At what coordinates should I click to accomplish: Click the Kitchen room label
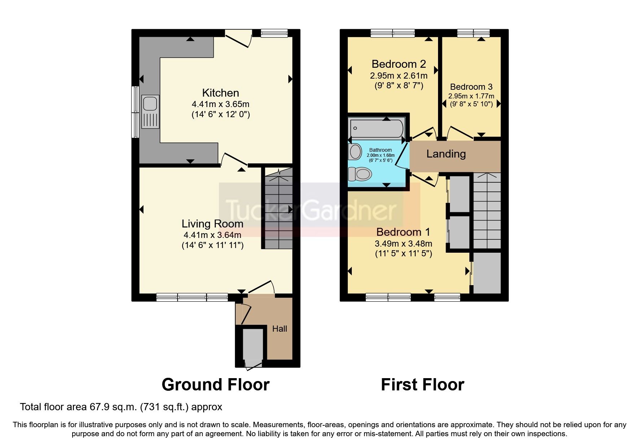[220, 93]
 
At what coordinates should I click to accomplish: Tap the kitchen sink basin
[150, 104]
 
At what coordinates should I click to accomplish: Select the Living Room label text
[212, 224]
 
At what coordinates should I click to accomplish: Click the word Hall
[280, 329]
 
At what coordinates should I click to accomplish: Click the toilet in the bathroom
[360, 174]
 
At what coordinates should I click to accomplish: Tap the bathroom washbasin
[355, 152]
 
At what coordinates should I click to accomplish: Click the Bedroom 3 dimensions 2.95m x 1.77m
[471, 96]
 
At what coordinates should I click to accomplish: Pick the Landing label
[446, 154]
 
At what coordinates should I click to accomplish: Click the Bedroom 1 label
[403, 232]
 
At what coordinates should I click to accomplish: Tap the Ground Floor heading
[215, 385]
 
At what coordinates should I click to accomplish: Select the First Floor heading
[422, 385]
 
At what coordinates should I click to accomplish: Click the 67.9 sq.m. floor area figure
[113, 407]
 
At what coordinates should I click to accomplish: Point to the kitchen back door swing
[238, 38]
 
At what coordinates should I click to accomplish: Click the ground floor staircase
[278, 209]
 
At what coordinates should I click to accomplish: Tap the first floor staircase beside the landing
[487, 211]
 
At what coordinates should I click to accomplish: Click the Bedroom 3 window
[473, 33]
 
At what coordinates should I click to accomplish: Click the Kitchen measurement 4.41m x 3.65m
[220, 104]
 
